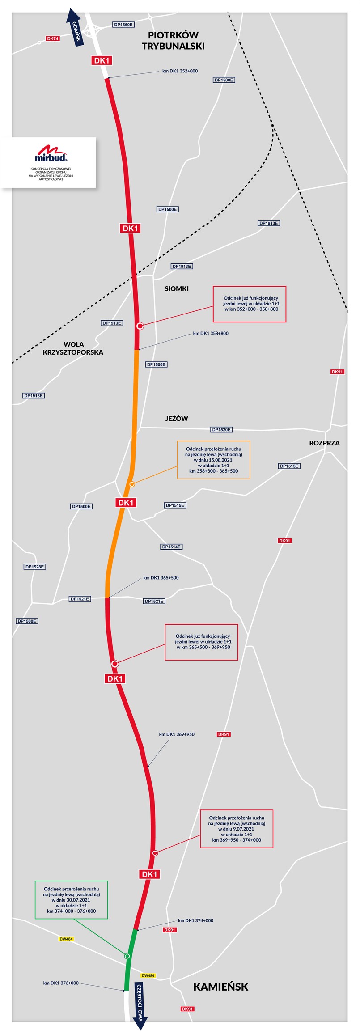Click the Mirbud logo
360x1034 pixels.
51,153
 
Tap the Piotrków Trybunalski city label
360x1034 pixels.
173,40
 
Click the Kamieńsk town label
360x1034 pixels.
220,987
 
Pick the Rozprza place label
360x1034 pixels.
324,443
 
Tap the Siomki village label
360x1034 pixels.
177,288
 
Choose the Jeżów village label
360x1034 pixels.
177,418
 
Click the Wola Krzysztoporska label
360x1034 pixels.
73,348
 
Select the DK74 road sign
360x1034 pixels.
53,38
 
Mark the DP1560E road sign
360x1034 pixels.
123,25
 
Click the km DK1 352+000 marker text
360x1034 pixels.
180,71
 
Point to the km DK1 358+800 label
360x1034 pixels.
211,333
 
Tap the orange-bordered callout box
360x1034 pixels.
213,460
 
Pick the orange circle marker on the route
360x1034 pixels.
132,484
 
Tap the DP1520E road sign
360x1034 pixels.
221,429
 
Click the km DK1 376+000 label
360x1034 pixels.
61,983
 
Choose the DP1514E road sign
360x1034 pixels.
171,547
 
